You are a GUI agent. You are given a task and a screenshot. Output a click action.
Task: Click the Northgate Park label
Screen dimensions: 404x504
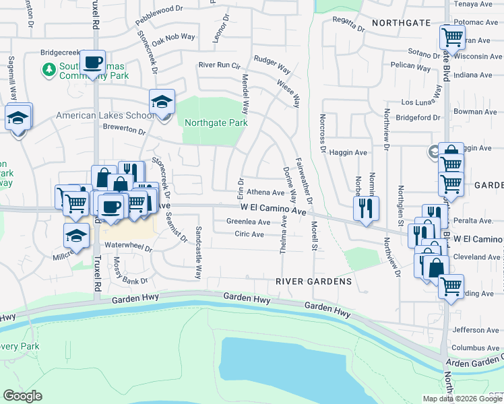tap(216, 123)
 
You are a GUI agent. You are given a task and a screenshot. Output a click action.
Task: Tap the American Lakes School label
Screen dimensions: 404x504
tap(104, 115)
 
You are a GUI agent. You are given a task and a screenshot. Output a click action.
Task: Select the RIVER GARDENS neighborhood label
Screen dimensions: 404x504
tap(314, 281)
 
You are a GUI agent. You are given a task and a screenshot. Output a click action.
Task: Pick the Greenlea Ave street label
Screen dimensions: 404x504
tap(248, 222)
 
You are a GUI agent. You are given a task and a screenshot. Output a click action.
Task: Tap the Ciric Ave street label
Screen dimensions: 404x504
tap(249, 234)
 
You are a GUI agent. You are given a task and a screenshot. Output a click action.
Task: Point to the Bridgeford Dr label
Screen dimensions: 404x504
tap(418, 118)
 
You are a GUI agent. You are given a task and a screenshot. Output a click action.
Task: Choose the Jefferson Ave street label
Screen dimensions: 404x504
tap(476, 330)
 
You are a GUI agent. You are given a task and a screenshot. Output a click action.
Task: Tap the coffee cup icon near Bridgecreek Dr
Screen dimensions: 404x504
tap(94, 62)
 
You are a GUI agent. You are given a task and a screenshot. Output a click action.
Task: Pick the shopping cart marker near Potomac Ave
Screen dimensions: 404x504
tap(451, 36)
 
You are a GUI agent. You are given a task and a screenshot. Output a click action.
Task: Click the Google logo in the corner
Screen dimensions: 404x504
tap(22, 396)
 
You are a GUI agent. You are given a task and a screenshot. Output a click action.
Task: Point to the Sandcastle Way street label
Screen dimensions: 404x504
tap(199, 253)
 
